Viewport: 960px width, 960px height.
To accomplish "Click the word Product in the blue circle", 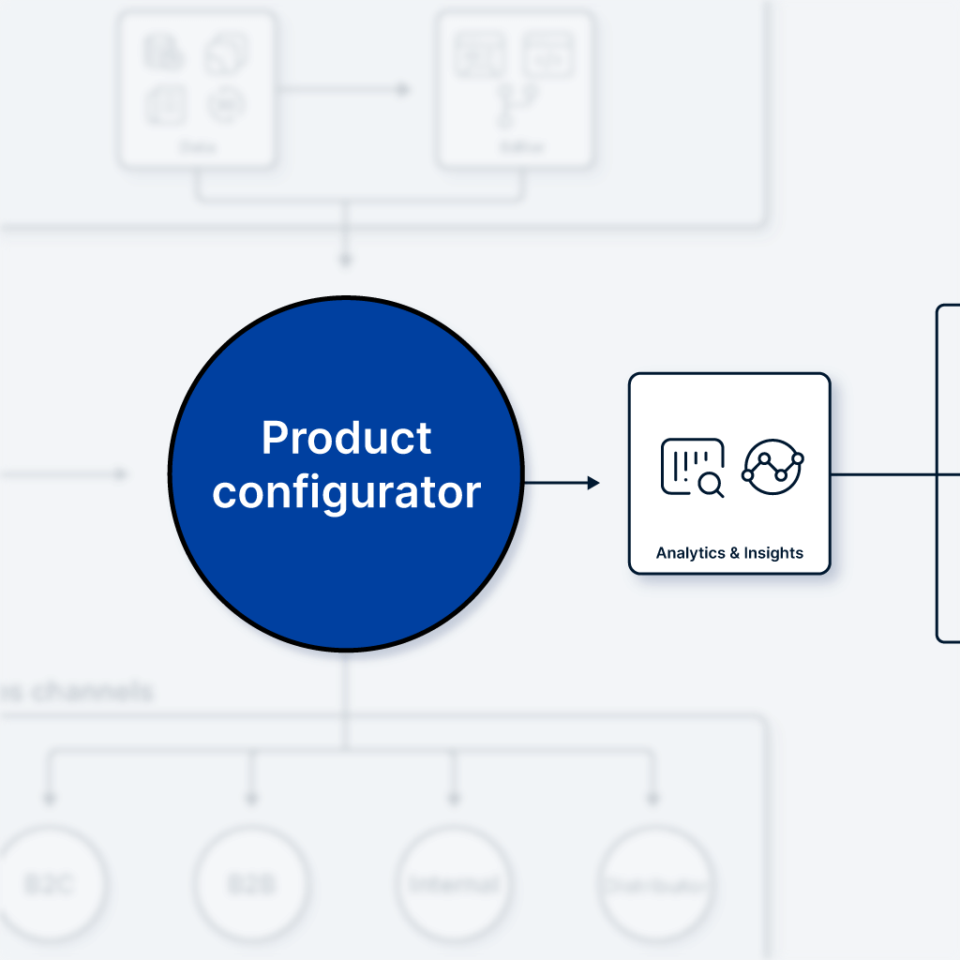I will coord(346,438).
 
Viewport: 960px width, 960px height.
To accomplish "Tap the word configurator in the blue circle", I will coord(346,492).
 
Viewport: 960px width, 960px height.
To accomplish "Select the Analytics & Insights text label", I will coord(729,553).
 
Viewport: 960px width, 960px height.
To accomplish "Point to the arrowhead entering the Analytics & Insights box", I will coord(592,483).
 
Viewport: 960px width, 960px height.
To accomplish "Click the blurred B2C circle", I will coord(49,884).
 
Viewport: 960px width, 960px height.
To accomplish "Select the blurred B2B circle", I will coord(251,884).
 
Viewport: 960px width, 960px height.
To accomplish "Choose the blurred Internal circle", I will coord(454,884).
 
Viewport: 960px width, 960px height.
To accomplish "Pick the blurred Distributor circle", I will coord(655,884).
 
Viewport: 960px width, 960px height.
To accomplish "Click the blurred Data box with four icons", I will coord(196,90).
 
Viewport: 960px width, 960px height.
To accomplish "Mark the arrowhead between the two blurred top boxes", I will coord(403,90).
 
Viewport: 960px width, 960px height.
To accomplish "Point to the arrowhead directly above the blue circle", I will coord(345,259).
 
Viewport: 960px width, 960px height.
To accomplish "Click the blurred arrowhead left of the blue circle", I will coord(120,474).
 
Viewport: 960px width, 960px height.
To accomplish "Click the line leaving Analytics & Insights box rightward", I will coord(881,474).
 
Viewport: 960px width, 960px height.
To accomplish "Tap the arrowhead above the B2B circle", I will coord(251,799).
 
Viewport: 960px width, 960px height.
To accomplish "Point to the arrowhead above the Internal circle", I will coord(454,799).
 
